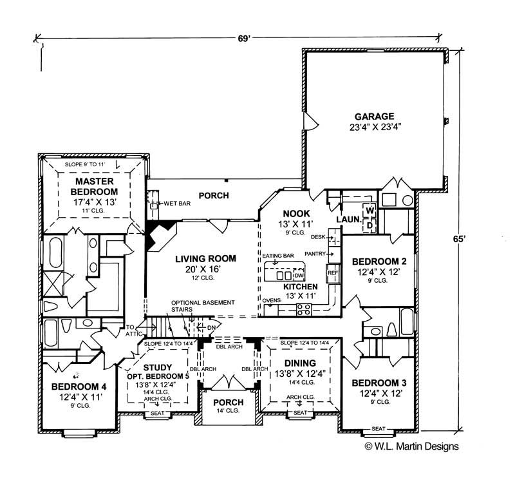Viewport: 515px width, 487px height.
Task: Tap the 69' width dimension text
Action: pos(244,38)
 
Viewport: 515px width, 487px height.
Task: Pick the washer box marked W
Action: pos(370,211)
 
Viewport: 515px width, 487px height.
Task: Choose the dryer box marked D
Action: pos(370,225)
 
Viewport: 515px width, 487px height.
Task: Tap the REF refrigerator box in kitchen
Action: pos(333,272)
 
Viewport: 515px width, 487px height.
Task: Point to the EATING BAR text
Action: pos(278,256)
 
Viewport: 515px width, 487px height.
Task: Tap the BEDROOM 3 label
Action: pos(379,383)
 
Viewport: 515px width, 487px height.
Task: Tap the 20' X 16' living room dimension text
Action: pos(205,269)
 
